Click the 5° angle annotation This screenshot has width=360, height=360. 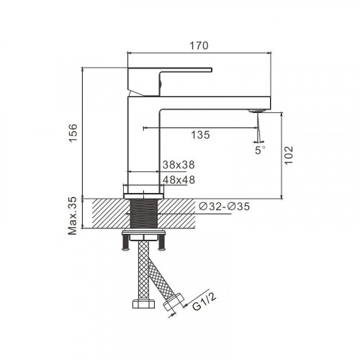[260, 150]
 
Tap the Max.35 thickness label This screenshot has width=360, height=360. [73, 214]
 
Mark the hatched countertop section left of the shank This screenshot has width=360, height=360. [104, 214]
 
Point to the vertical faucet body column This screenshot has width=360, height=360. [143, 144]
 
